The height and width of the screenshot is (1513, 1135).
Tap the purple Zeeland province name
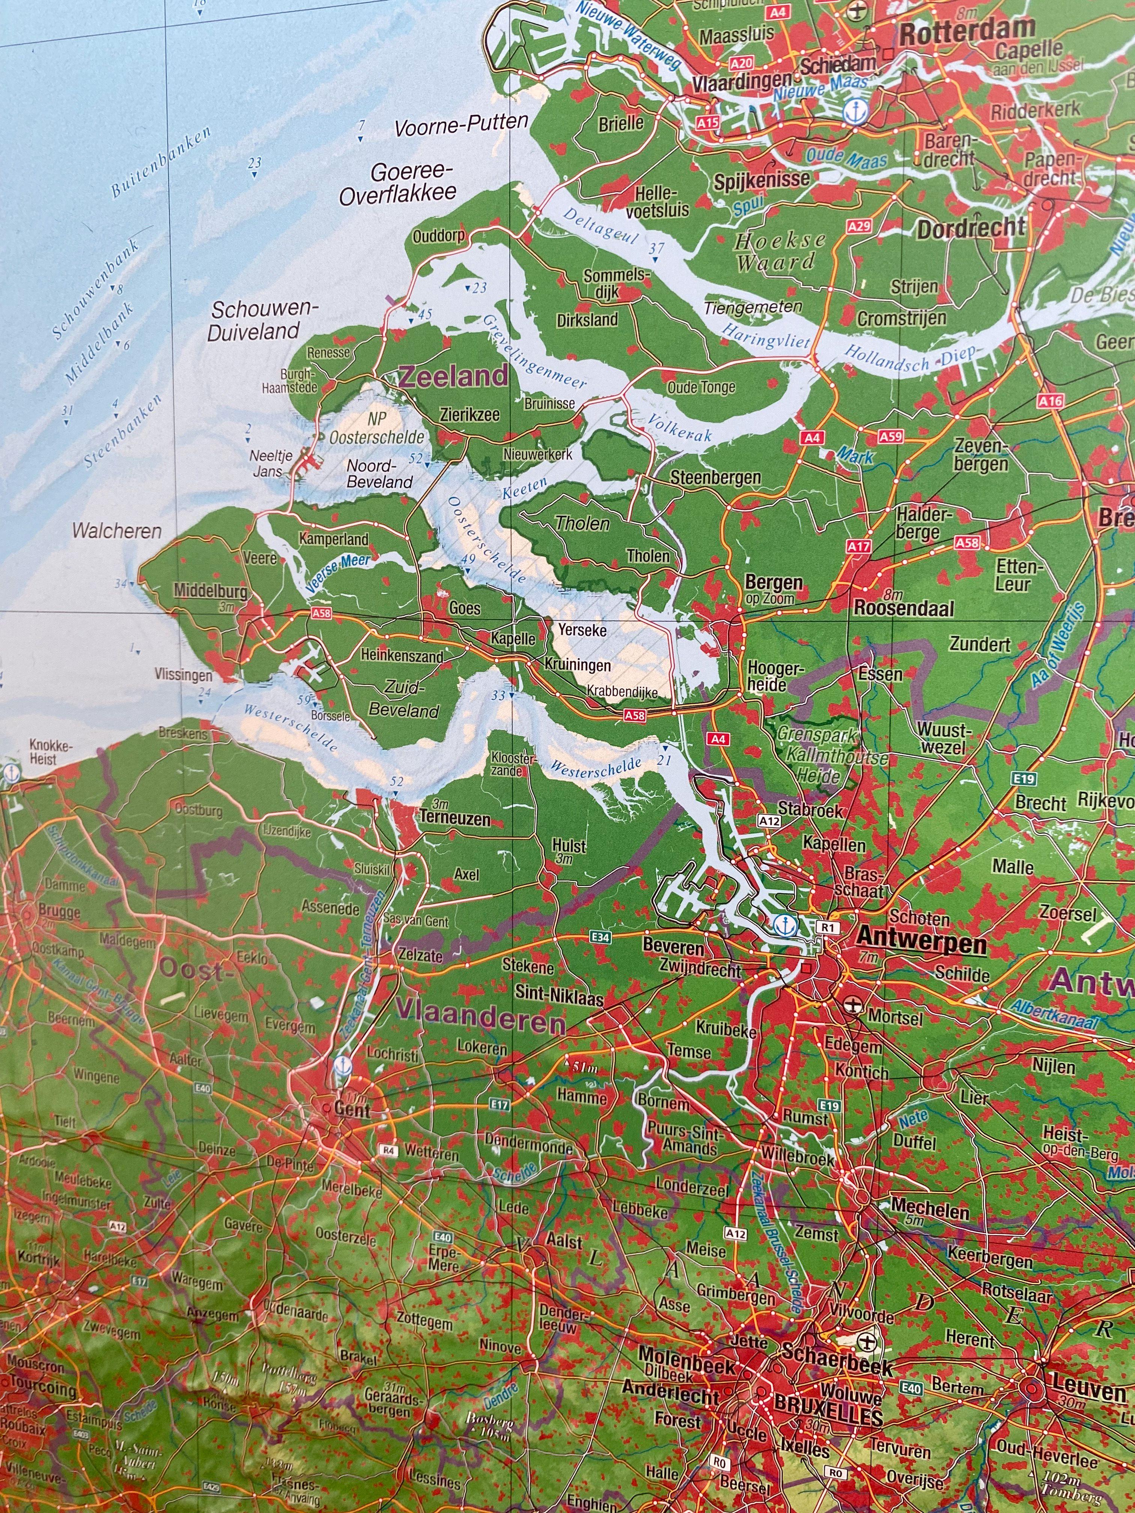[454, 376]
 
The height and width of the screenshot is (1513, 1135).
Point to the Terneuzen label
[455, 819]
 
